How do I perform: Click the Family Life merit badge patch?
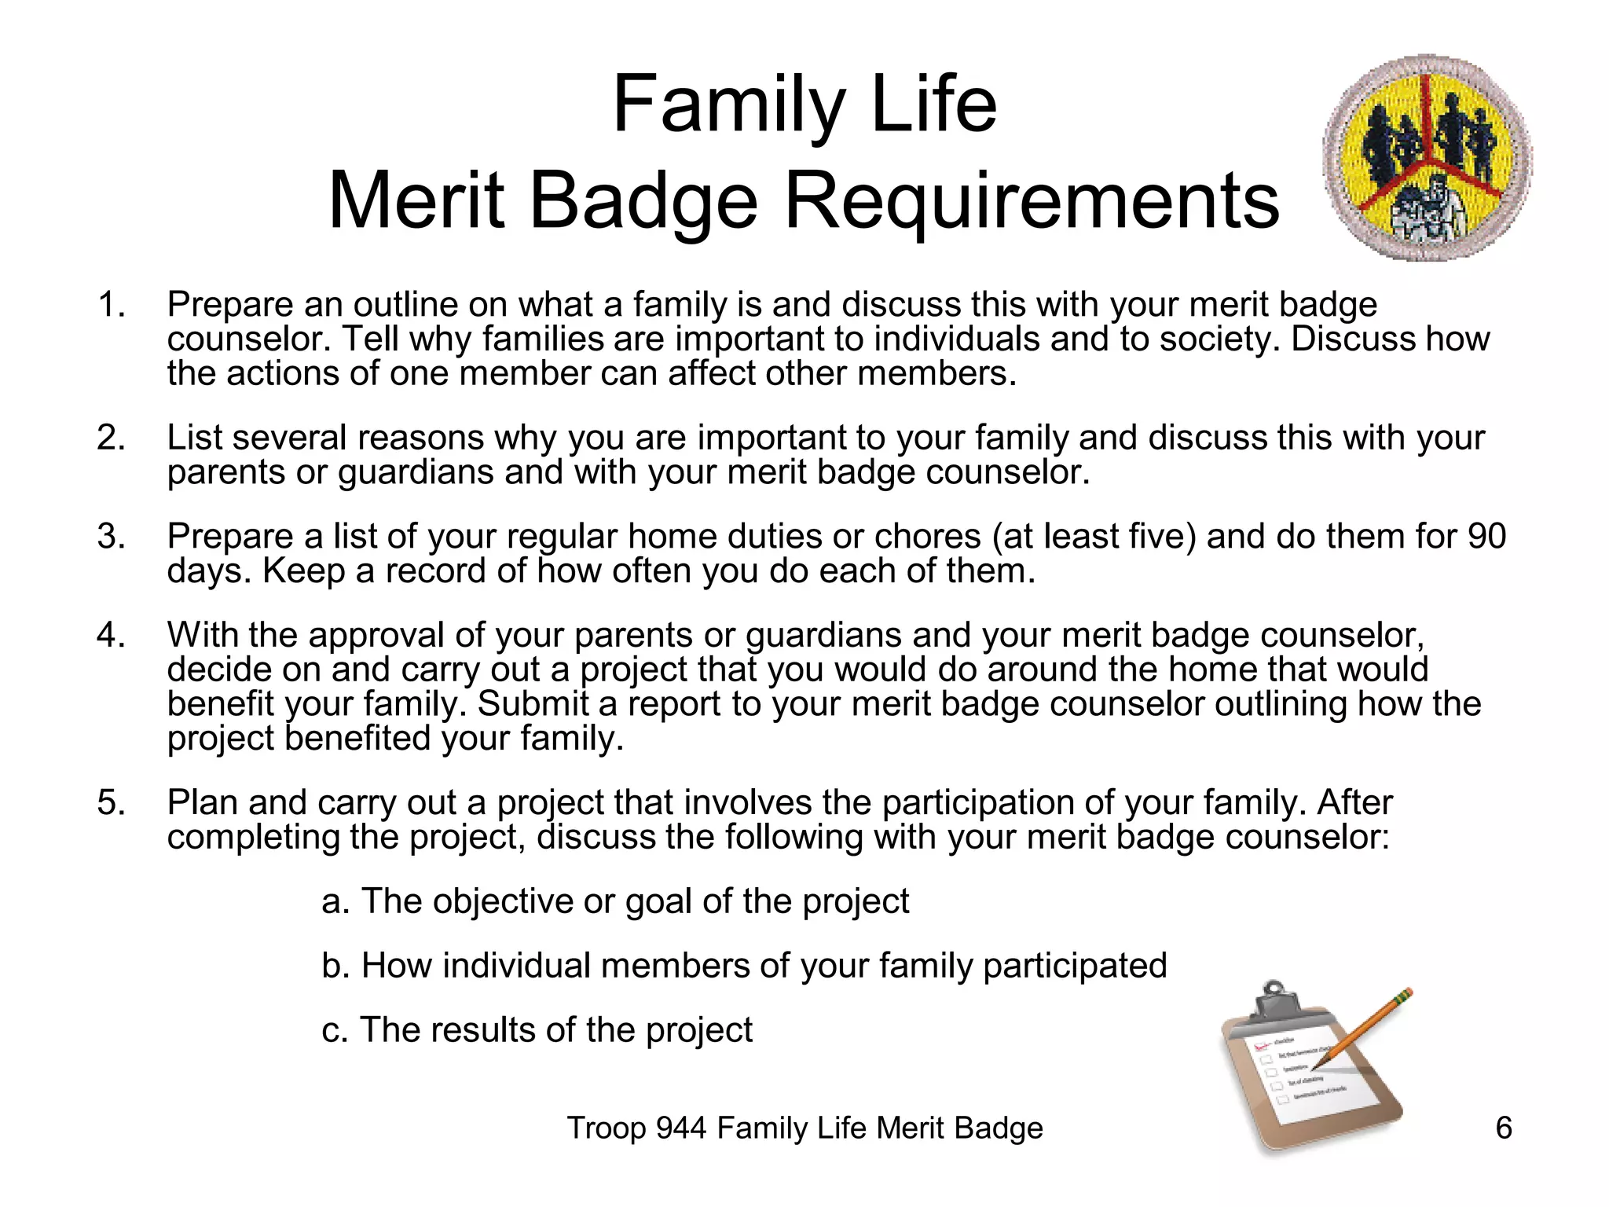1428,158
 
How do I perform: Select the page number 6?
1503,1128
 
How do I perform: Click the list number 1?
111,305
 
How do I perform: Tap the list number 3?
111,537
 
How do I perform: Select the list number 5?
111,803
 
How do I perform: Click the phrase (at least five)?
1094,537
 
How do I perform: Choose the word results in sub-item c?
469,1030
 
